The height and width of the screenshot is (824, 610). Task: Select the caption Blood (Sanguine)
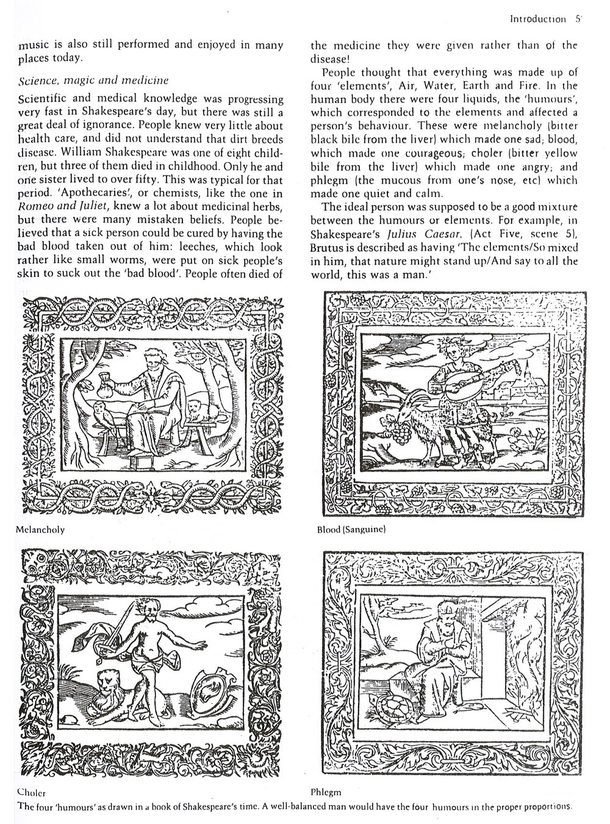(x=351, y=530)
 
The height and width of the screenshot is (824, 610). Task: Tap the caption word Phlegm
(x=325, y=792)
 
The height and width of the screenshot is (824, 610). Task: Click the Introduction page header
(x=537, y=19)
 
